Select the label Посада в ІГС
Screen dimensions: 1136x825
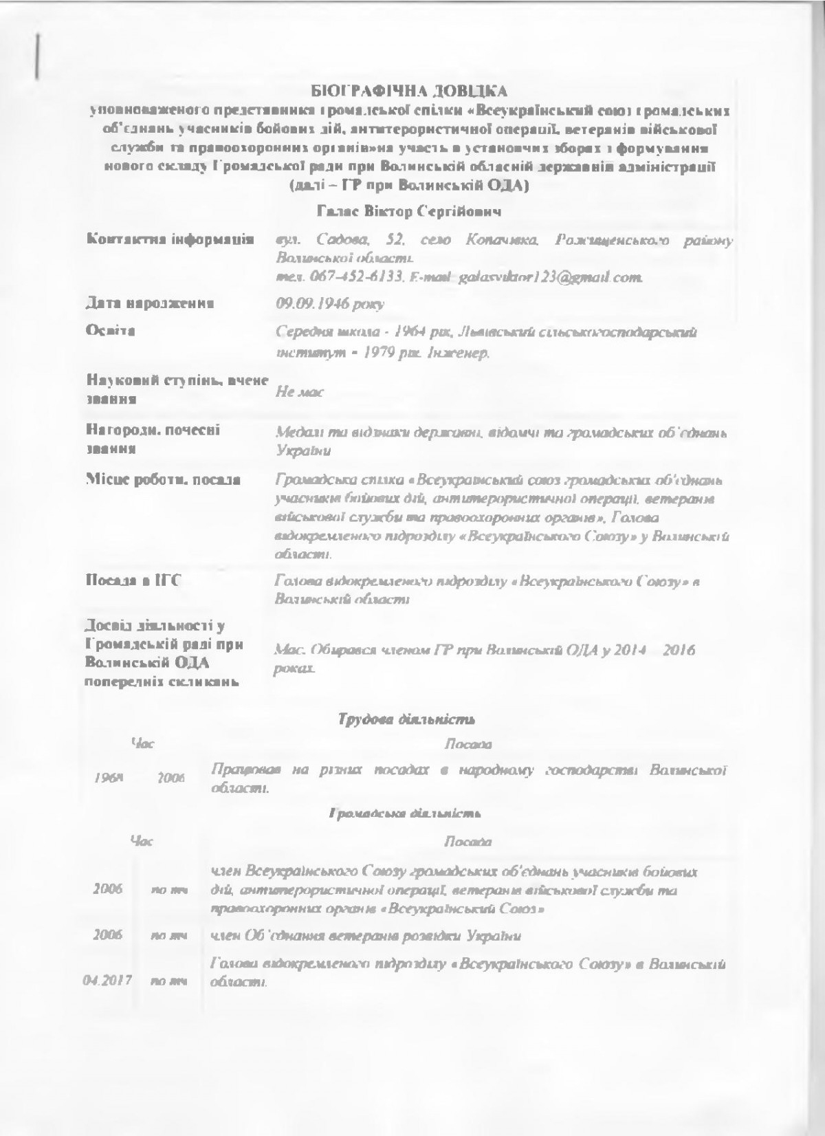[133, 581]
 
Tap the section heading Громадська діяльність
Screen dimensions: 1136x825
[404, 814]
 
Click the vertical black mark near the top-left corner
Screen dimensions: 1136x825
[38, 53]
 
